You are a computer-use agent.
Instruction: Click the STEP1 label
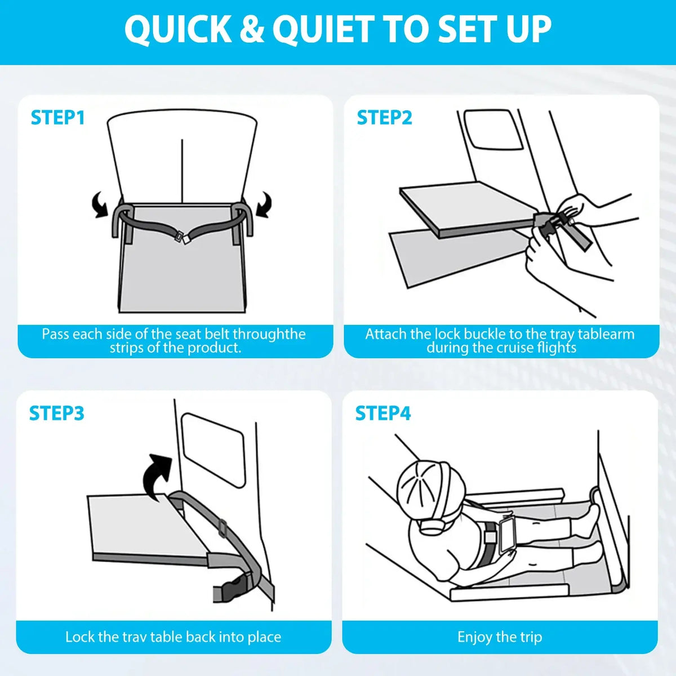coord(57,118)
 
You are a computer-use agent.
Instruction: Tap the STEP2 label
coord(384,118)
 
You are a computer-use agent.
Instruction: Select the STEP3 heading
coord(56,413)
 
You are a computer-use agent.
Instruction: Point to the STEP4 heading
coord(383,413)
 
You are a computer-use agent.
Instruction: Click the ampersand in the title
coord(251,29)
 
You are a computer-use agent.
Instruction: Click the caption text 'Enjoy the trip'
coord(500,637)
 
